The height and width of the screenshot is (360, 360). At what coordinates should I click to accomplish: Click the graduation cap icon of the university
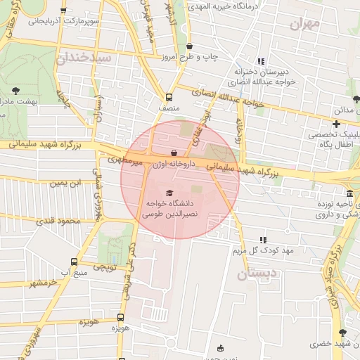pyautogui.click(x=169, y=193)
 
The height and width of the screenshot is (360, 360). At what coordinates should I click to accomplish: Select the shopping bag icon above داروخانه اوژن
pyautogui.click(x=174, y=153)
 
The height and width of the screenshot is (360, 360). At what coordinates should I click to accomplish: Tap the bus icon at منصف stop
pyautogui.click(x=169, y=98)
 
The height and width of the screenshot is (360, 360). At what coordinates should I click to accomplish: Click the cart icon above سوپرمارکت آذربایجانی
pyautogui.click(x=64, y=11)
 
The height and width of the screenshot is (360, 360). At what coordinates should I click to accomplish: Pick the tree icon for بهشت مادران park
pyautogui.click(x=16, y=90)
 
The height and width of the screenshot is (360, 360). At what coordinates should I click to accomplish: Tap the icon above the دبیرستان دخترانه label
pyautogui.click(x=262, y=60)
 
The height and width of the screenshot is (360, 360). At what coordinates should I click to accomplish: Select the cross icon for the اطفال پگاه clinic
pyautogui.click(x=335, y=124)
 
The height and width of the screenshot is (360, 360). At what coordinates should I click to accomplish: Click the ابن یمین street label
pyautogui.click(x=64, y=183)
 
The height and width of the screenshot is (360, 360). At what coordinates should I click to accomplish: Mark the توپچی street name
pyautogui.click(x=104, y=268)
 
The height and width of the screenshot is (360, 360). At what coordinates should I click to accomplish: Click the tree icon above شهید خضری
pyautogui.click(x=342, y=333)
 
